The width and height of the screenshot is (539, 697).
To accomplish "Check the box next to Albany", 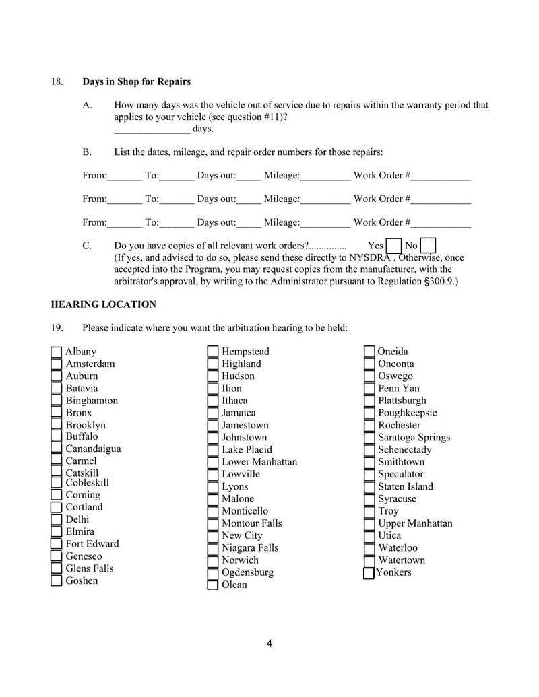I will [x=57, y=352].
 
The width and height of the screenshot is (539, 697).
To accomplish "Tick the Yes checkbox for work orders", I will [x=393, y=246].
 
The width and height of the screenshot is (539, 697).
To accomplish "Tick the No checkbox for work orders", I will [x=427, y=246].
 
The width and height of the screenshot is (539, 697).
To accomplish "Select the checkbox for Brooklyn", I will [x=57, y=426].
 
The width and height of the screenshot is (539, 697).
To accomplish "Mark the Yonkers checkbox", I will [x=369, y=574].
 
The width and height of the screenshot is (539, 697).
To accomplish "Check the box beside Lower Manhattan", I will [x=213, y=463].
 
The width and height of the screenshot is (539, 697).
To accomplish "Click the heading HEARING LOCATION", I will [x=103, y=304].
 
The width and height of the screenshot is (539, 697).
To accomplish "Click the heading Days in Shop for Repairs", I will [x=136, y=81].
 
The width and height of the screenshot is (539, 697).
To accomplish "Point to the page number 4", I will [x=269, y=644].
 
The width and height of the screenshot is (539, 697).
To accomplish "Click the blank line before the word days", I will [x=152, y=129].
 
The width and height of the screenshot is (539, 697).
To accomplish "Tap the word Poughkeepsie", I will [x=407, y=413].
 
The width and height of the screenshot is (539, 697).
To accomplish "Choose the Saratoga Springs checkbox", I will [x=369, y=438].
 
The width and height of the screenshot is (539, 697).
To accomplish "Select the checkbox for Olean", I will [x=213, y=585].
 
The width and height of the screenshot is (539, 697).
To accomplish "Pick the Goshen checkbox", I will [x=57, y=581].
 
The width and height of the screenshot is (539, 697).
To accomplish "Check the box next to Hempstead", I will [x=213, y=352].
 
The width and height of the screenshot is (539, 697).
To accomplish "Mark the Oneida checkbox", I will [x=369, y=352].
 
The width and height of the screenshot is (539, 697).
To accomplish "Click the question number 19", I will [x=57, y=328].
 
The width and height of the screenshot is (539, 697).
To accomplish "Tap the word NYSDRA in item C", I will [x=369, y=257].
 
